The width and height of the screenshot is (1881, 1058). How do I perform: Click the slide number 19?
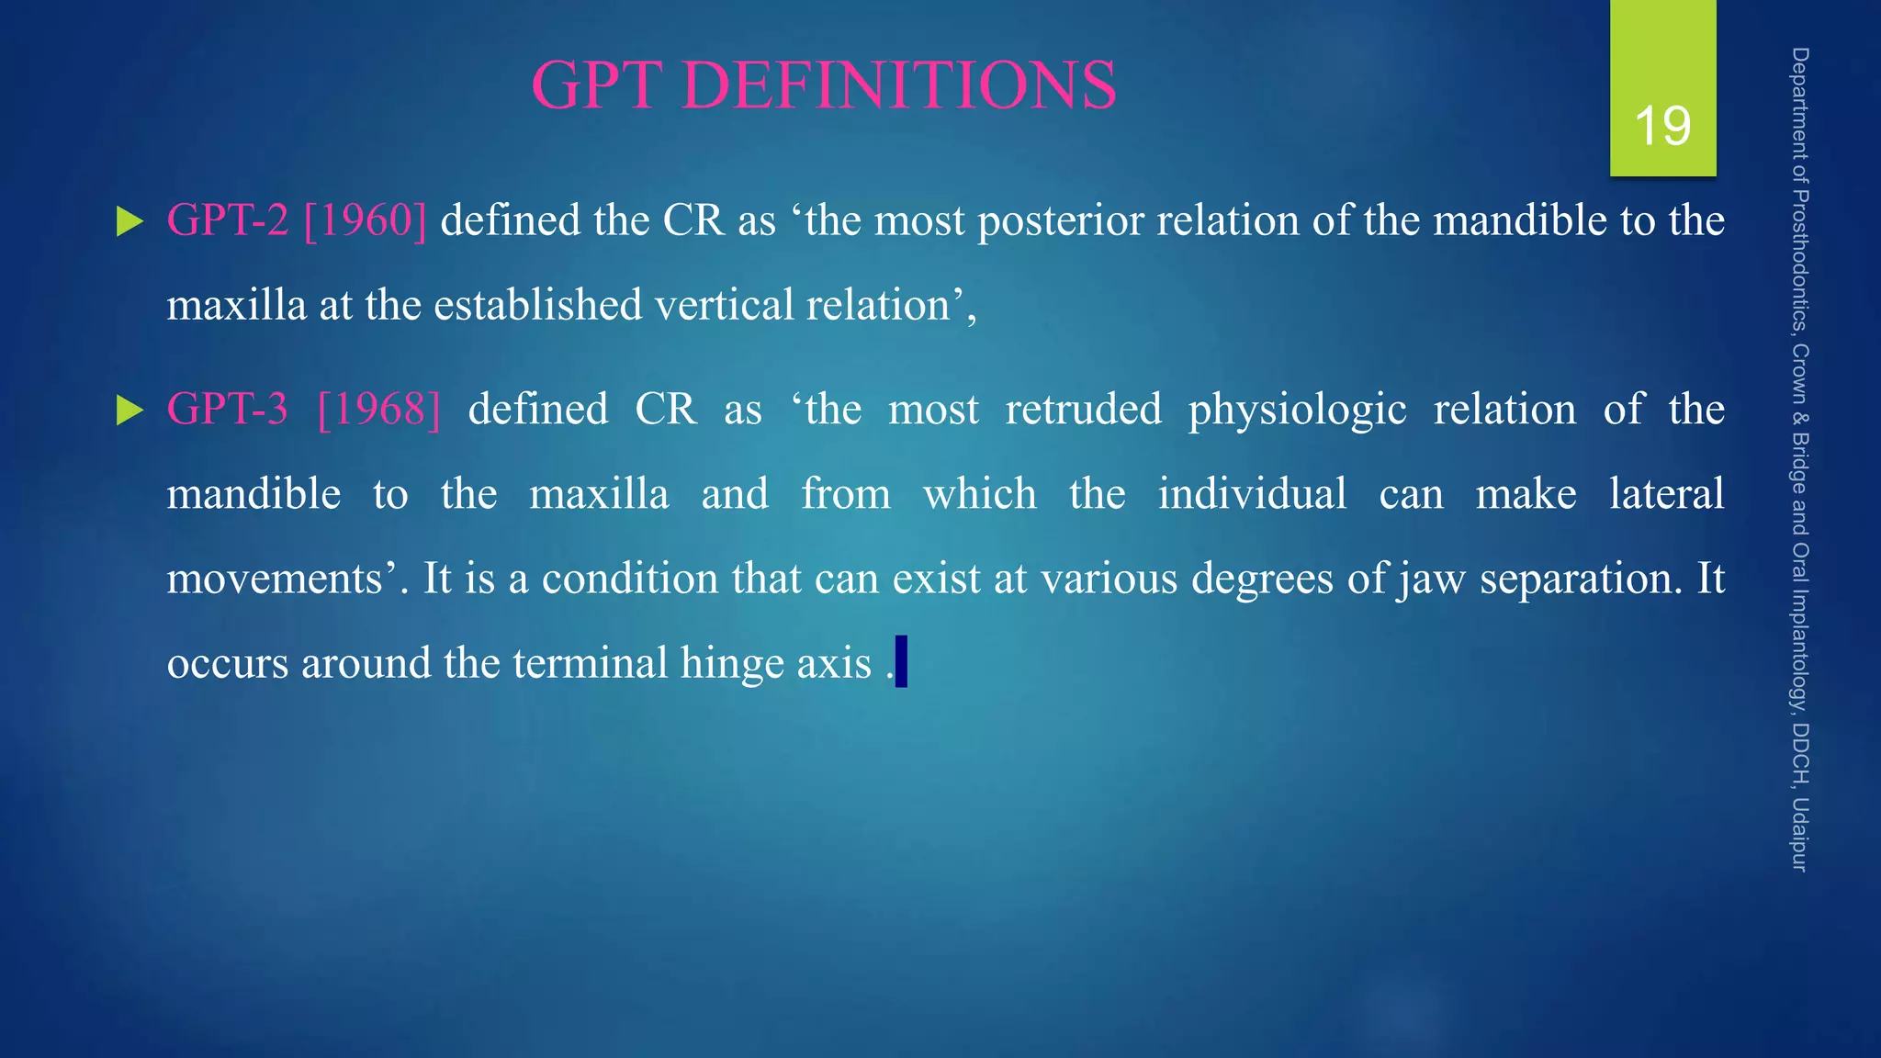coord(1662,126)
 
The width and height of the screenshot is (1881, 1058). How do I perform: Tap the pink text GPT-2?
coord(228,220)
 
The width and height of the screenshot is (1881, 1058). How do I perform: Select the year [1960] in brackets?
coord(365,220)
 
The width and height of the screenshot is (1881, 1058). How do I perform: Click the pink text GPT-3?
coord(228,409)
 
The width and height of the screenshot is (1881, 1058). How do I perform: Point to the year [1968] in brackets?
coord(378,409)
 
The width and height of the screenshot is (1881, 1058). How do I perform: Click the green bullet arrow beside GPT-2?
coord(130,222)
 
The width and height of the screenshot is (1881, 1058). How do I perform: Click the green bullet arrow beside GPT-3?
coord(130,411)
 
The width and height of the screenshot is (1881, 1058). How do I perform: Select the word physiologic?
coord(1297,411)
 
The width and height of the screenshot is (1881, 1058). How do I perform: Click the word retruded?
coord(1083,409)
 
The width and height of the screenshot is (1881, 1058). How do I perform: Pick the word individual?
coord(1252,494)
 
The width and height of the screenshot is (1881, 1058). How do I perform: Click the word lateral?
coord(1666,494)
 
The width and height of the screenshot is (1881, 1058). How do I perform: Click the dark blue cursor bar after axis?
coord(901,661)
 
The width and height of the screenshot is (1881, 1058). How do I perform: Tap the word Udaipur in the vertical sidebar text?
coord(1799,834)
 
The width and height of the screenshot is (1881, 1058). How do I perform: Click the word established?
coord(537,305)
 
